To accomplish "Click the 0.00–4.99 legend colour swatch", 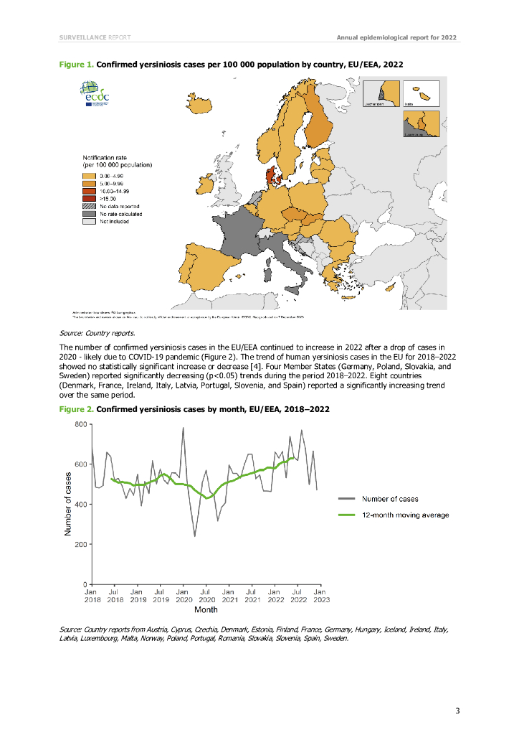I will [89, 175].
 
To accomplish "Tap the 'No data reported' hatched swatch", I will [89, 206].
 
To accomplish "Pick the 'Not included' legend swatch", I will [89, 222].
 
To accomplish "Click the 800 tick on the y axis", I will [81, 424].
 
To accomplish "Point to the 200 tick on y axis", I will [81, 544].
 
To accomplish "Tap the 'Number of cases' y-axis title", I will [68, 503].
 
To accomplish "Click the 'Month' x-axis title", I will [206, 610].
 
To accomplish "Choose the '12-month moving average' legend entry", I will [405, 515].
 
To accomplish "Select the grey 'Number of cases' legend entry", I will [390, 498].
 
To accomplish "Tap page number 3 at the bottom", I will [457, 711].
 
